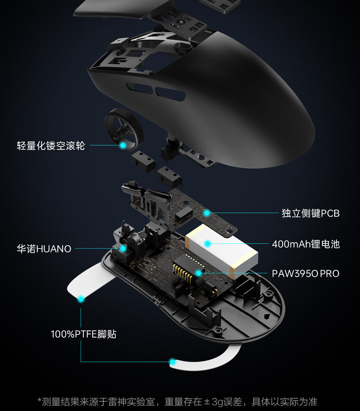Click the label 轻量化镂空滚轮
click(x=51, y=146)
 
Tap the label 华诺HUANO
click(x=44, y=249)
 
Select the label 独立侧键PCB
click(x=310, y=213)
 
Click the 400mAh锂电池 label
click(x=306, y=244)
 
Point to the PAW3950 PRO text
click(x=306, y=274)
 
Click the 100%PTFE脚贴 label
click(x=83, y=334)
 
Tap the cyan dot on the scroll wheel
click(x=123, y=145)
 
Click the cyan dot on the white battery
click(x=207, y=244)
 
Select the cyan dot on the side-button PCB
click(x=206, y=213)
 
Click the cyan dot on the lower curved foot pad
click(x=172, y=362)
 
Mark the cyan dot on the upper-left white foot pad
click(x=81, y=299)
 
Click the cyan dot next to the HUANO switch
click(x=123, y=248)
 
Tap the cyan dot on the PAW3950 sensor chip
click(x=198, y=273)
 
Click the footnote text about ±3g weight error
click(x=178, y=402)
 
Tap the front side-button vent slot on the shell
click(x=140, y=88)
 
